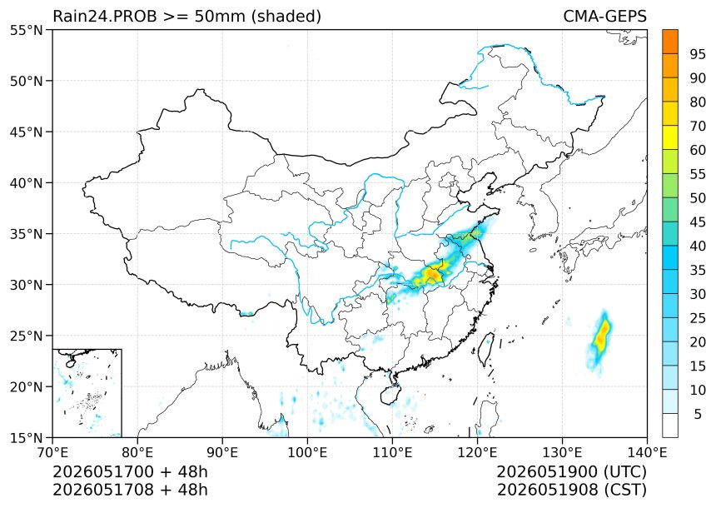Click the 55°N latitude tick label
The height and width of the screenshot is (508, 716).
pyautogui.click(x=26, y=30)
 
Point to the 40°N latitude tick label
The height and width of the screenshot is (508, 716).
pyautogui.click(x=26, y=182)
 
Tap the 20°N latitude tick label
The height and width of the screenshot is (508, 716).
pyautogui.click(x=26, y=387)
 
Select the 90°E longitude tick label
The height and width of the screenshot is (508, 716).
pyautogui.click(x=222, y=452)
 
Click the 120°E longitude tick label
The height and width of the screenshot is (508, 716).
pyautogui.click(x=477, y=452)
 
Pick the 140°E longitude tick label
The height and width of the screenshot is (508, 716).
pyautogui.click(x=647, y=452)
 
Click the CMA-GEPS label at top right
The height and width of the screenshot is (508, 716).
pyautogui.click(x=605, y=17)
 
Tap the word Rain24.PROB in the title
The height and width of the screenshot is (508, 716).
pyautogui.click(x=105, y=17)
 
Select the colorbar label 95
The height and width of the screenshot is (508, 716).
pyautogui.click(x=698, y=54)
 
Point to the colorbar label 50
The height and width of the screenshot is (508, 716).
pyautogui.click(x=698, y=198)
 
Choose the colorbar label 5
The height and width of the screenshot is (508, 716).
pyautogui.click(x=698, y=414)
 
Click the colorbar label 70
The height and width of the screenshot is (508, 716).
pyautogui.click(x=698, y=126)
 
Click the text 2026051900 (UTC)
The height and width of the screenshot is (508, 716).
pyautogui.click(x=572, y=471)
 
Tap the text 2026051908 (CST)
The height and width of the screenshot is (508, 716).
pyautogui.click(x=572, y=490)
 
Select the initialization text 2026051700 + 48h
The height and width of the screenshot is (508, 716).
pyautogui.click(x=130, y=471)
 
